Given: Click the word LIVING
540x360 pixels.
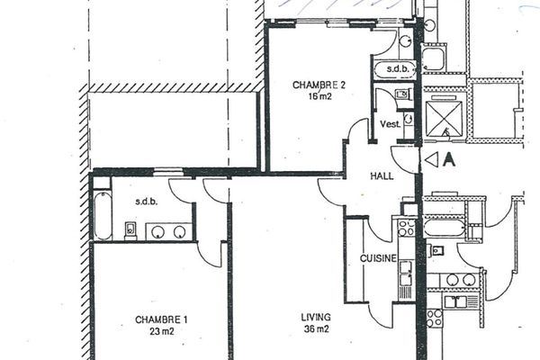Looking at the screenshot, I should pos(316,318).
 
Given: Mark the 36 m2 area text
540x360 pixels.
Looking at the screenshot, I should pos(316,329).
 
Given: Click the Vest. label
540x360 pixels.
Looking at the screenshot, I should pos(390,123).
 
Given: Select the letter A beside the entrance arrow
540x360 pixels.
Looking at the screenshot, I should pos(449,160).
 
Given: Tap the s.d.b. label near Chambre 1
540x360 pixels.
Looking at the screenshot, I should pos(147,202).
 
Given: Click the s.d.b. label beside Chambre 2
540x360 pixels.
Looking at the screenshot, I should pos(395,68).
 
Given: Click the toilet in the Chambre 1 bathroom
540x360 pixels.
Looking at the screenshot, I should pos(130,230).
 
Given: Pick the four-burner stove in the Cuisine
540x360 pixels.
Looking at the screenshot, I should pos(402,227).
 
